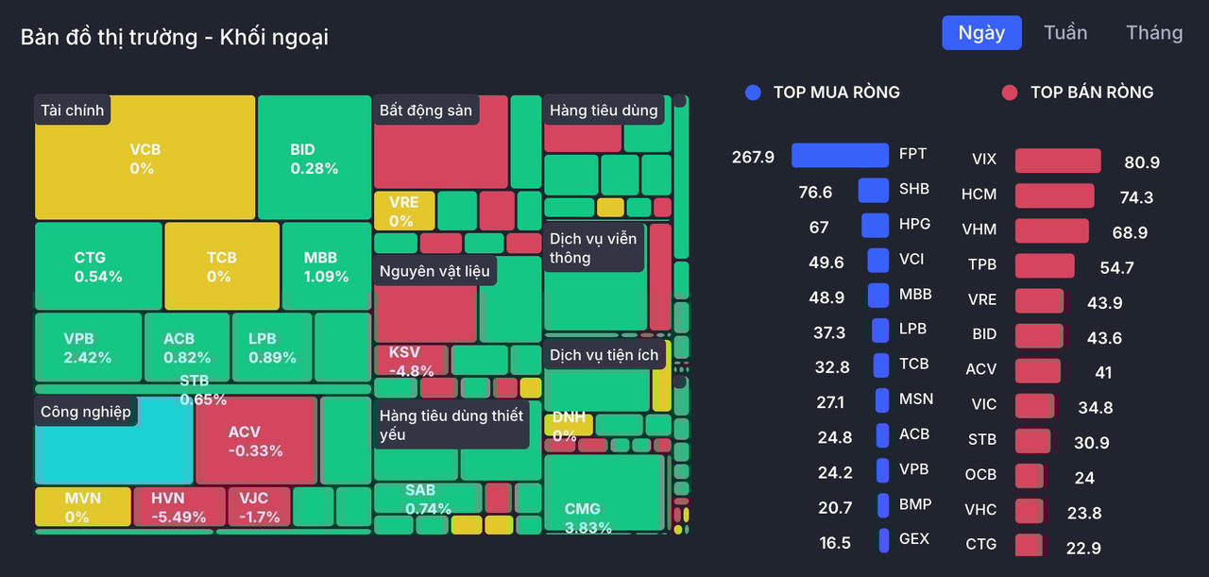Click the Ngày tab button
981,33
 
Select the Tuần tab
1065,33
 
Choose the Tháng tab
1154,33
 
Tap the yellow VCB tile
145,158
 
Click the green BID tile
314,158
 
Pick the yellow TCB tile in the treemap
222,266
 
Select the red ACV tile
256,440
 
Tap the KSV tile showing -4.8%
411,361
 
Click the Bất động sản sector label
426,110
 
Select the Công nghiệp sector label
86,412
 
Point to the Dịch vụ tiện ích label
604,355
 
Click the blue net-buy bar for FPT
840,155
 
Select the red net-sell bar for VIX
1058,161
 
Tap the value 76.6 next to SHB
815,192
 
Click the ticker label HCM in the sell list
979,195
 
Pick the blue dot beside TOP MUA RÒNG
753,93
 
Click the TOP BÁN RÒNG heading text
1091,93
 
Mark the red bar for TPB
1045,265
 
